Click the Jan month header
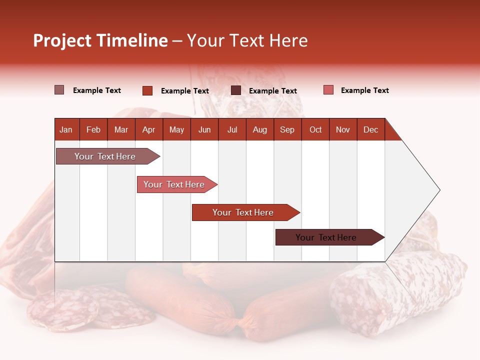66,129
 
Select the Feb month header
93,129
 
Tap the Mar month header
121,129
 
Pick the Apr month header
148,129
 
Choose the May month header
176,129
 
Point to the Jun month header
204,129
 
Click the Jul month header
232,129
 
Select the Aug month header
259,129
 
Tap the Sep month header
287,129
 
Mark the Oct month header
315,129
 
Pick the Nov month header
343,129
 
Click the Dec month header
370,129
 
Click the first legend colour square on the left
59,90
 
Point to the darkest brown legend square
236,90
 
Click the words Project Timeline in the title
100,40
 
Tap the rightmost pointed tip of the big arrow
439,190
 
